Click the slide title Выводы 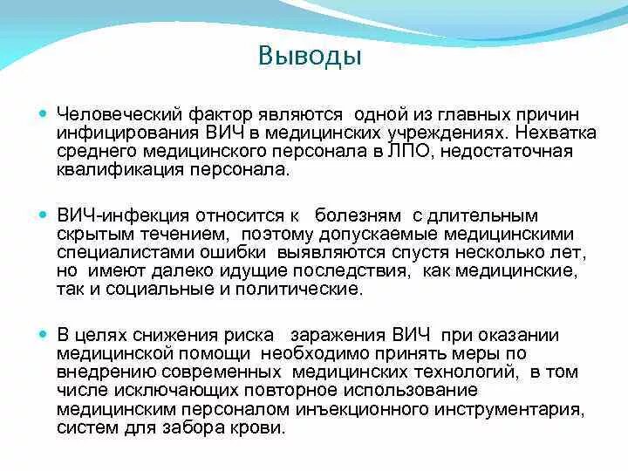point(310,58)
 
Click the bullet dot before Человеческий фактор point(43,114)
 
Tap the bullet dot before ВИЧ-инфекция point(43,214)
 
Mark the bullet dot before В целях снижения point(43,334)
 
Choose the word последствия point(357,271)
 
